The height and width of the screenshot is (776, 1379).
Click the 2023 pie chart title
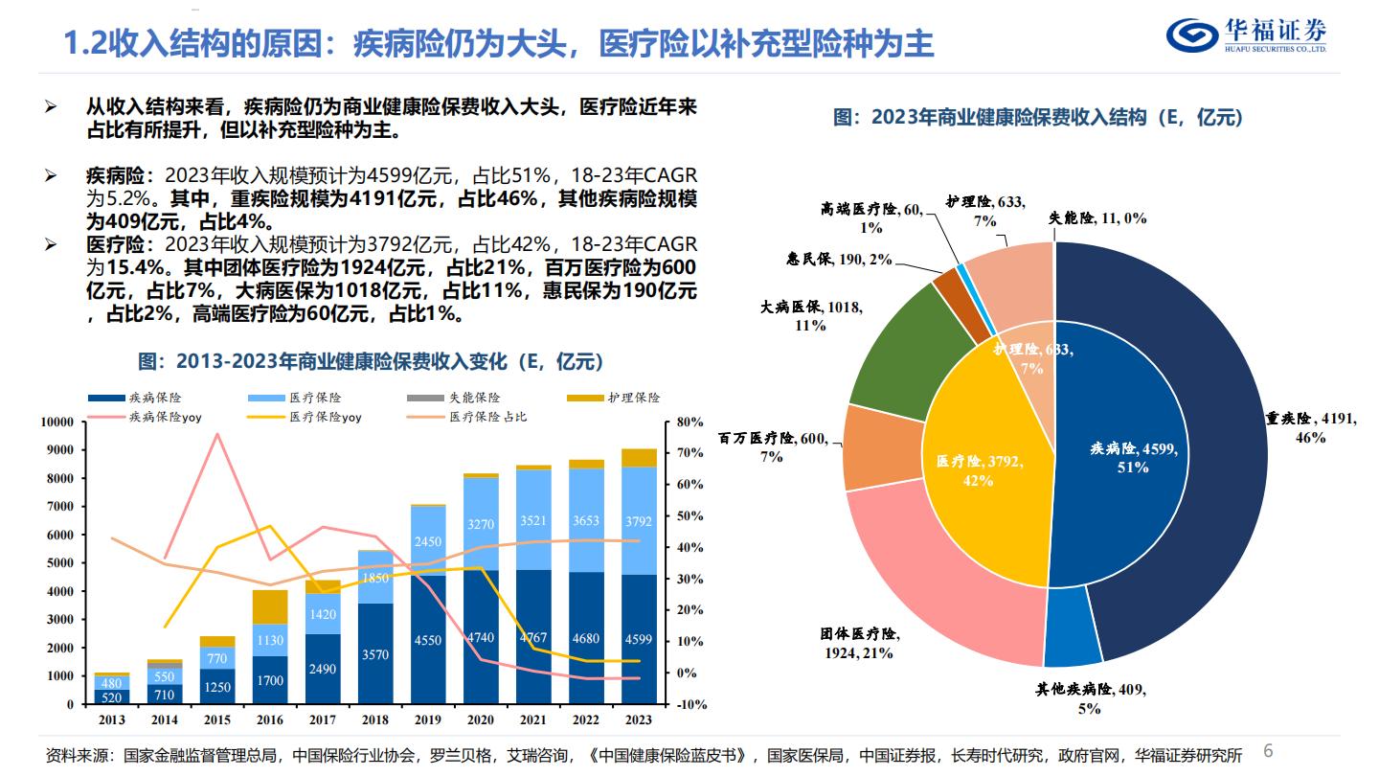point(1038,118)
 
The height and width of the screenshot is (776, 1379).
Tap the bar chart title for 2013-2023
point(371,361)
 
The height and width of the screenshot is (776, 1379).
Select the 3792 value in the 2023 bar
point(639,521)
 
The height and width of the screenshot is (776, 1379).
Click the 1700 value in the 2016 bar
point(270,680)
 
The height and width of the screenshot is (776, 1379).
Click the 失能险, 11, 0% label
point(1098,218)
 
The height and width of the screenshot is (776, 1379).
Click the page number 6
point(1269,750)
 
